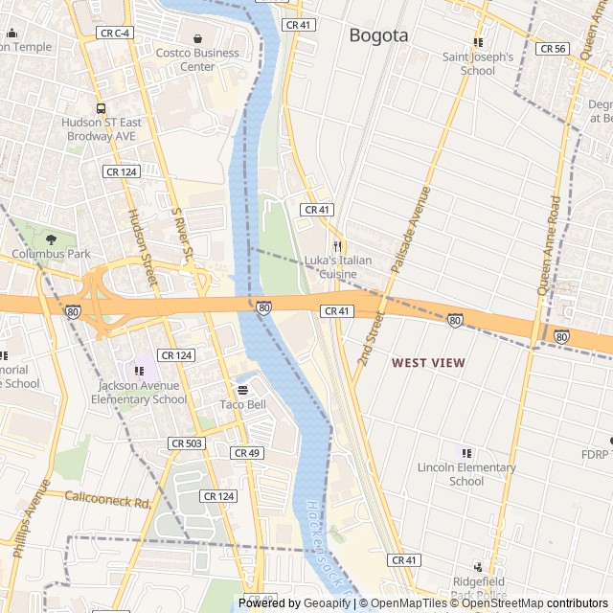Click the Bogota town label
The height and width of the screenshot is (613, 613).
378,35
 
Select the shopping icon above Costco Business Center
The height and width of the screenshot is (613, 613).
197,39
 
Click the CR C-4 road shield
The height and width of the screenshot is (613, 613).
114,34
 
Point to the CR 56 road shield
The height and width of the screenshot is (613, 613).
553,48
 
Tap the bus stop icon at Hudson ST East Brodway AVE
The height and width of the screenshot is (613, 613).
101,108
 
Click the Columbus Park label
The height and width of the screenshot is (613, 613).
51,254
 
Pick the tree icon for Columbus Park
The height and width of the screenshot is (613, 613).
51,239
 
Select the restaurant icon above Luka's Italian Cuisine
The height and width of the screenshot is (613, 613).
337,245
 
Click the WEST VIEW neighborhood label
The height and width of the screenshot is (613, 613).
428,363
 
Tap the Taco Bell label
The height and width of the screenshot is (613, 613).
242,404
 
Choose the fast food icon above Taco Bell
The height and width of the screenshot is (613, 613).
242,390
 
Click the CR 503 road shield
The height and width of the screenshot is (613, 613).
186,443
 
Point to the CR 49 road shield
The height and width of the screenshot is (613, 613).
246,452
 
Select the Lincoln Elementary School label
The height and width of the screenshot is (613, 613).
466,474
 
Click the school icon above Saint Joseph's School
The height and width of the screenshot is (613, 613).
478,42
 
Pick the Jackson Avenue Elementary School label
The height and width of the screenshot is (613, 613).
142,393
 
